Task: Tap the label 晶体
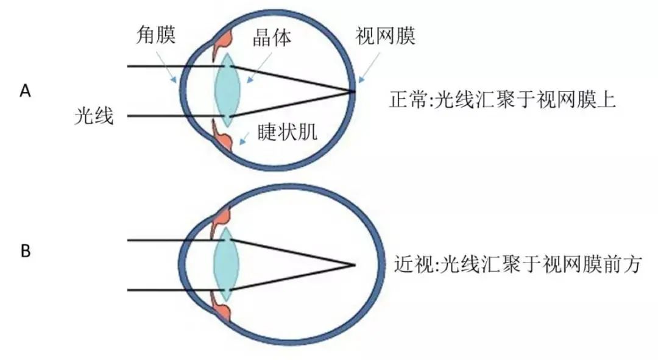272,38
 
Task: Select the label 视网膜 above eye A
385,36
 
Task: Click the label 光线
94,116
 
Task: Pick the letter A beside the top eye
25,91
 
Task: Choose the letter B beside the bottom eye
25,252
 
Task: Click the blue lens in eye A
227,90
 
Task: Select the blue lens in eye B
227,264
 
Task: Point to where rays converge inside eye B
354,265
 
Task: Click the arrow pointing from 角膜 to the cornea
166,68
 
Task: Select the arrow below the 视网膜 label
369,67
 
